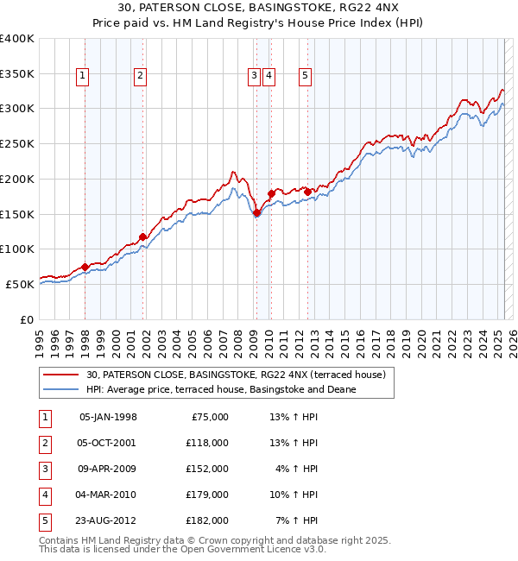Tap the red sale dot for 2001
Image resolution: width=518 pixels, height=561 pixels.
click(x=142, y=236)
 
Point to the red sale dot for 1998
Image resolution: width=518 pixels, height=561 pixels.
click(x=85, y=267)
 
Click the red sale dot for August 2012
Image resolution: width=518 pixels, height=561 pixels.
click(x=307, y=192)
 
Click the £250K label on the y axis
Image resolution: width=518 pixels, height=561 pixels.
click(x=17, y=143)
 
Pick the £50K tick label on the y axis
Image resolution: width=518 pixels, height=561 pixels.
click(x=20, y=284)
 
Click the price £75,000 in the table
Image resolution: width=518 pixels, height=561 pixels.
click(x=207, y=417)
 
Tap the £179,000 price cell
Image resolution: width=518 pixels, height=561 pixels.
click(x=207, y=495)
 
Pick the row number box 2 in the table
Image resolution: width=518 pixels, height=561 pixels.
click(x=43, y=443)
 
